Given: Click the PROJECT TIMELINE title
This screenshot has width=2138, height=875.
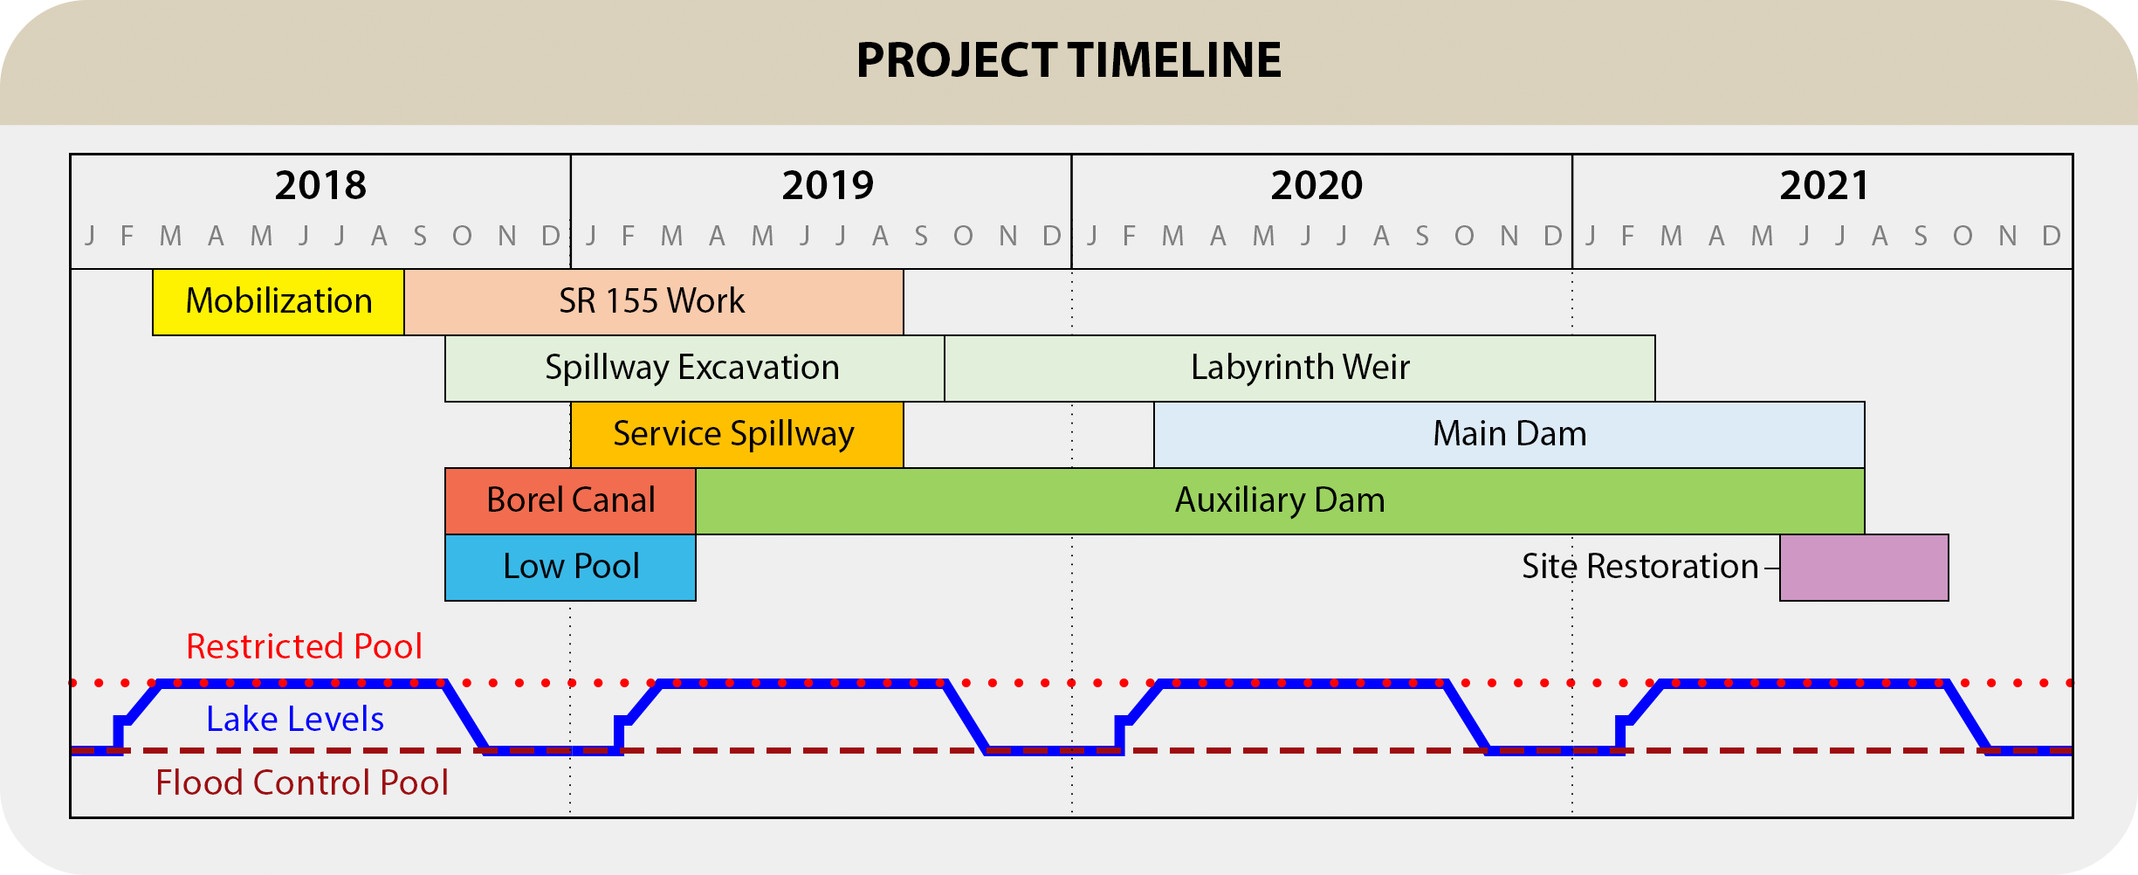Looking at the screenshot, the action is coord(1069,60).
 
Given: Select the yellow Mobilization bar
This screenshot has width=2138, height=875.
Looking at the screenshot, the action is coord(278,302).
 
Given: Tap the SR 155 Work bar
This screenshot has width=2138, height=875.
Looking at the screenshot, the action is coord(654,302).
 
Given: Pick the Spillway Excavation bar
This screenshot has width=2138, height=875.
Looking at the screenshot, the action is coord(695,369).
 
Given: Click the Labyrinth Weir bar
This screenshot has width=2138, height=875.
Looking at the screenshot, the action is coord(1300,369).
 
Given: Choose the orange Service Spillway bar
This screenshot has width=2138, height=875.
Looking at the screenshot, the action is coord(738,435).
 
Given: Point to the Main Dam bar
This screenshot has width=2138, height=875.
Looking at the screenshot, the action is coord(1509,435).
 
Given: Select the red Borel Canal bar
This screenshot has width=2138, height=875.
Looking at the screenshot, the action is coord(571,501).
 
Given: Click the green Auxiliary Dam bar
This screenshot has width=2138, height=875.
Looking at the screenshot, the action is coord(1280,501).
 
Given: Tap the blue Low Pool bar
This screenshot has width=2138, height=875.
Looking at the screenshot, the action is coord(571,568).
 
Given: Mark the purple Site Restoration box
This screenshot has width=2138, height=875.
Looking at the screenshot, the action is coord(1864,568).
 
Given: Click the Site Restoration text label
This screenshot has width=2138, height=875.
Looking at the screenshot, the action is coord(1640,567).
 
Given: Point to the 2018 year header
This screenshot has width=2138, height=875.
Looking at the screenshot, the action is coord(320,185).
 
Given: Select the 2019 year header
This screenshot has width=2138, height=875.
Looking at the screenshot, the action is coord(828,185).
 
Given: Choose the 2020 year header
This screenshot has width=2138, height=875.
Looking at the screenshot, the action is coord(1316,185).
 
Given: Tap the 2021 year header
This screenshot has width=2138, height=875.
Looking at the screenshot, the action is coord(1825,185).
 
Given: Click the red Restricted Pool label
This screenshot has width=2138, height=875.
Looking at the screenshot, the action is coord(304,647).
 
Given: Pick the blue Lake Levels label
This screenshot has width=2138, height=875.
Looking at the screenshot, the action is coord(295,720).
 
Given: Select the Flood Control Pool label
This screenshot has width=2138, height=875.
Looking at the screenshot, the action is coord(302,783).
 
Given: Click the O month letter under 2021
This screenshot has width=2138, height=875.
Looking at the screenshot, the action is coord(1963,236).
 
